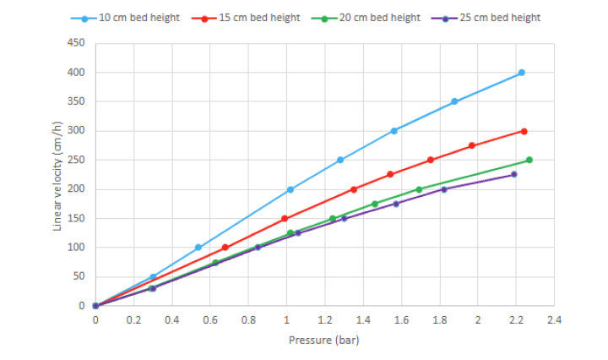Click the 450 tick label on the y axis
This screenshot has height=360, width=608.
(76, 43)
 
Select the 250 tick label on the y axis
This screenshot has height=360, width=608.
(76, 160)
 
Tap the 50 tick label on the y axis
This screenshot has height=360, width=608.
(79, 276)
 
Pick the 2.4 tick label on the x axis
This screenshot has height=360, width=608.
(555, 320)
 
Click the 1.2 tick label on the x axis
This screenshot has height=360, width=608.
(325, 320)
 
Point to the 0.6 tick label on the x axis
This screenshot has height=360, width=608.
(210, 320)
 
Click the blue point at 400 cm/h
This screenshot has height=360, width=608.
(522, 73)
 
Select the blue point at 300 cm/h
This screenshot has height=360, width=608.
(394, 131)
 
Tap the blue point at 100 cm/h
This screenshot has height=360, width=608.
(198, 248)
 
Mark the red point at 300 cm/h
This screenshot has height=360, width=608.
(524, 131)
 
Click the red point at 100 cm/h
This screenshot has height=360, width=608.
(225, 248)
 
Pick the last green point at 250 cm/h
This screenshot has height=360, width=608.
(529, 160)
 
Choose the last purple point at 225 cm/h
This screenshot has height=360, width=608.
(513, 174)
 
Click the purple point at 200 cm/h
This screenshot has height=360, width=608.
(444, 189)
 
